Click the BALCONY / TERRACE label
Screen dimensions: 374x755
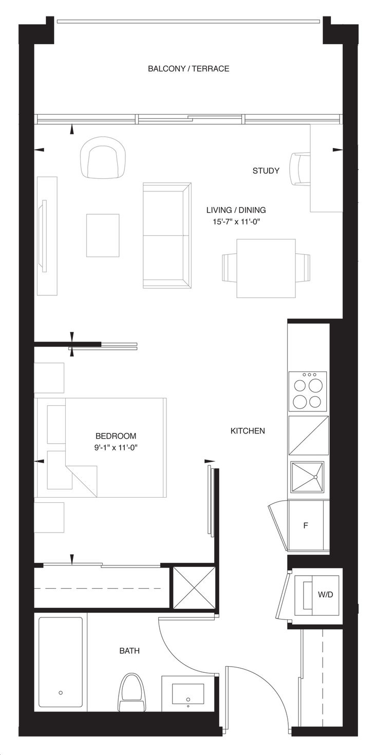(189, 69)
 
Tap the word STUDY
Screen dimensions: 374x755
(266, 171)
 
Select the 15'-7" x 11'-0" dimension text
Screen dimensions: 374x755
(236, 222)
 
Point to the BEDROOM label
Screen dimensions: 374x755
(116, 436)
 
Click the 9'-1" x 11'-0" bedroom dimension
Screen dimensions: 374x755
(116, 448)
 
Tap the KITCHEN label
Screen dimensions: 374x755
(248, 431)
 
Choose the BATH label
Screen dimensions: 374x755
(129, 651)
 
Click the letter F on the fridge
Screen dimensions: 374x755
(306, 525)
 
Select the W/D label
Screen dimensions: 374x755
(325, 595)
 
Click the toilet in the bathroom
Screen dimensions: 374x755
(130, 691)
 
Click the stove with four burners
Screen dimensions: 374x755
(308, 391)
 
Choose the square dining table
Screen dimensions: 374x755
(266, 268)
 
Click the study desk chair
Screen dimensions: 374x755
(300, 168)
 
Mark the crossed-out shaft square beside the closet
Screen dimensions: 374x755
(194, 587)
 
